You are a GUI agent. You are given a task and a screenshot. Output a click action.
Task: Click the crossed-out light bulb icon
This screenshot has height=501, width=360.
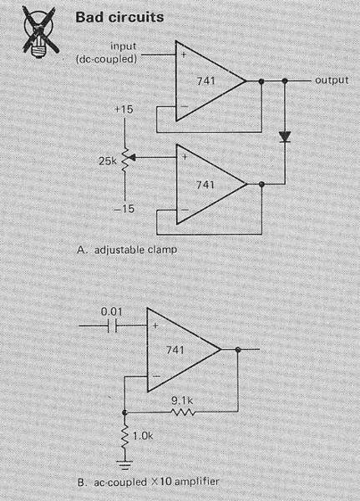(40, 32)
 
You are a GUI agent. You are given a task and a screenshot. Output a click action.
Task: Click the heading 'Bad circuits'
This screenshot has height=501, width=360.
(119, 17)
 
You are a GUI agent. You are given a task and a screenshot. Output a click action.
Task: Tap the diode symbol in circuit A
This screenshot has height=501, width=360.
(285, 137)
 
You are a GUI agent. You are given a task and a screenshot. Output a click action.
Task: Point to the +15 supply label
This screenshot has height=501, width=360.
(124, 109)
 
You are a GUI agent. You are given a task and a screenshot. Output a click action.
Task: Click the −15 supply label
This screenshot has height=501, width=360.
(124, 209)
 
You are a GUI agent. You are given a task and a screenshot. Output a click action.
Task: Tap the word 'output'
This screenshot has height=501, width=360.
(332, 80)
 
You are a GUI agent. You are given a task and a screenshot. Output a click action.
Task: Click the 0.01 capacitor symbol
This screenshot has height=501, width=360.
(112, 326)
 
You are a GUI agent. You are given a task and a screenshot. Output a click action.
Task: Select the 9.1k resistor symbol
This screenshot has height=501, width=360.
(183, 412)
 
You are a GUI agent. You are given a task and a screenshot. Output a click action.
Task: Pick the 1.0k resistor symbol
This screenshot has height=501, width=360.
(125, 437)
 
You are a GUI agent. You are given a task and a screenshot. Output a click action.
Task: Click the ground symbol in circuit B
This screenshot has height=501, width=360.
(125, 464)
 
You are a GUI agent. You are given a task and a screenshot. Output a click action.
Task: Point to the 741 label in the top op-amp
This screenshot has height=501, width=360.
(206, 81)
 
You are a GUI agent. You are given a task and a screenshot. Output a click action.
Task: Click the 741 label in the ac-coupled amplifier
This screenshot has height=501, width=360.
(175, 350)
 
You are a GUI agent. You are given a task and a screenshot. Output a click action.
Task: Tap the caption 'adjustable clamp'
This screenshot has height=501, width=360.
(135, 250)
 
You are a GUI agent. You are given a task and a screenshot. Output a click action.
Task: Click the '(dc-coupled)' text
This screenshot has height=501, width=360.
(106, 59)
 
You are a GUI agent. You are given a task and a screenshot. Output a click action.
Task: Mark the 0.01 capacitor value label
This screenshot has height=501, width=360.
(112, 311)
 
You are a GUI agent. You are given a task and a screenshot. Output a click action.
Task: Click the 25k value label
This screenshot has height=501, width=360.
(108, 161)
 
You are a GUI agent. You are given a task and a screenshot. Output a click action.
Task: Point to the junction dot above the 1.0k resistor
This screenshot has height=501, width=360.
(125, 412)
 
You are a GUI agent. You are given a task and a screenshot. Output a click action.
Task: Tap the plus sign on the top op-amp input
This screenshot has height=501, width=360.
(184, 54)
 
